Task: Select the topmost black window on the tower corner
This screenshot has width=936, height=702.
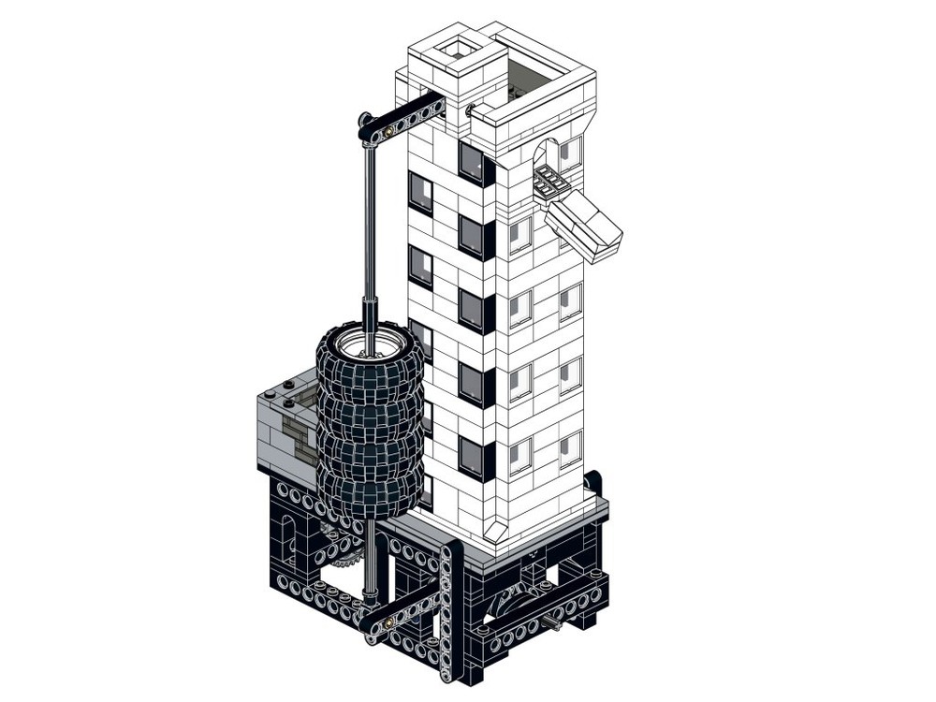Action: [x=475, y=164]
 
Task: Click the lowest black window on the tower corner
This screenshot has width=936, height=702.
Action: [x=475, y=458]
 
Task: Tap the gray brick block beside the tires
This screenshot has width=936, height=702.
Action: [x=285, y=426]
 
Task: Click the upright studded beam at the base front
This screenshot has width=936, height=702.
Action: [x=450, y=608]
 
